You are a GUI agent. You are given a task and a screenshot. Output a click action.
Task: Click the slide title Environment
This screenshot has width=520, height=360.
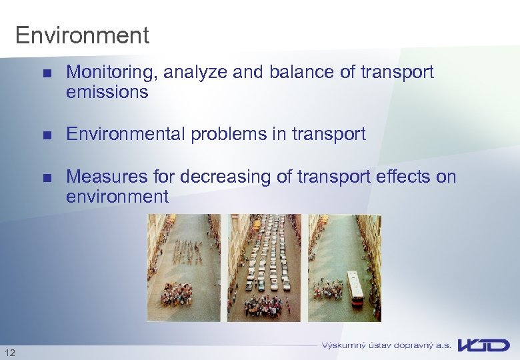82,35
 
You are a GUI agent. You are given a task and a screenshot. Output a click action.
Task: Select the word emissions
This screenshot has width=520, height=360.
107,93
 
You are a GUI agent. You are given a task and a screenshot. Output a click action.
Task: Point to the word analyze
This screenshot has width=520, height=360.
195,73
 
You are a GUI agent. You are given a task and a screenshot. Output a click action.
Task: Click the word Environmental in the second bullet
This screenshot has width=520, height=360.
126,135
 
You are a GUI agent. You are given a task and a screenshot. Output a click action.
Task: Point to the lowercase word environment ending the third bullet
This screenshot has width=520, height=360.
117,197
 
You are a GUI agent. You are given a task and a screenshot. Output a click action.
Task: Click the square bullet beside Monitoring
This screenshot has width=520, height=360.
46,73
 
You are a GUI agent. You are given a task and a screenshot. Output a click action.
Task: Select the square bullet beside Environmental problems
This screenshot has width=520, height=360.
46,135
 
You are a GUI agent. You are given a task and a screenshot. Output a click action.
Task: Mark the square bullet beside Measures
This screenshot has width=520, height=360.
46,177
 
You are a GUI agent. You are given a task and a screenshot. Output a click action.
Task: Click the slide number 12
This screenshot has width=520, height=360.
9,352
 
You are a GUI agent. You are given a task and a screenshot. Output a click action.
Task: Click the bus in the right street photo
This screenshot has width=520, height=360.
356,288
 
